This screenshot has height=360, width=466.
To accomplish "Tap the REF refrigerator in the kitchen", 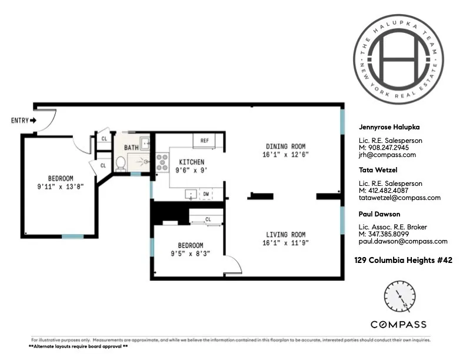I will pyautogui.click(x=205, y=141).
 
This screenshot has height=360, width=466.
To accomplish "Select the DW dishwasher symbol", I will pyautogui.click(x=206, y=194).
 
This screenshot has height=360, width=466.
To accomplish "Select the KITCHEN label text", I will pyautogui.click(x=191, y=162).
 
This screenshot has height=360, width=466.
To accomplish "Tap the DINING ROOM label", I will pyautogui.click(x=286, y=146).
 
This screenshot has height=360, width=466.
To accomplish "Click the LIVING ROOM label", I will pyautogui.click(x=286, y=234).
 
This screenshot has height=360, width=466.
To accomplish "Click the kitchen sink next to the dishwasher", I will pyautogui.click(x=191, y=194).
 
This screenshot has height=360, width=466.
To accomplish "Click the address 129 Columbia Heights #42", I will pyautogui.click(x=403, y=259).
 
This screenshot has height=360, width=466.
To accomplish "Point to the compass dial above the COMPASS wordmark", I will pyautogui.click(x=398, y=298).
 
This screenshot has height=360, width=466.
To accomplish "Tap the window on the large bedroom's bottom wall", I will pyautogui.click(x=73, y=236).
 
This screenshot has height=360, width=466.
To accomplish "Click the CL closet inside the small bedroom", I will pyautogui.click(x=208, y=219).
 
